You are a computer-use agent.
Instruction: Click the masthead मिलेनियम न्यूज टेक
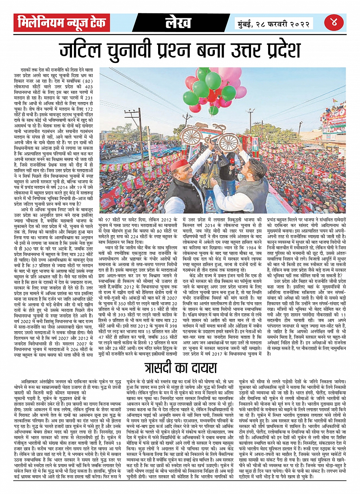tap(62, 23)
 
